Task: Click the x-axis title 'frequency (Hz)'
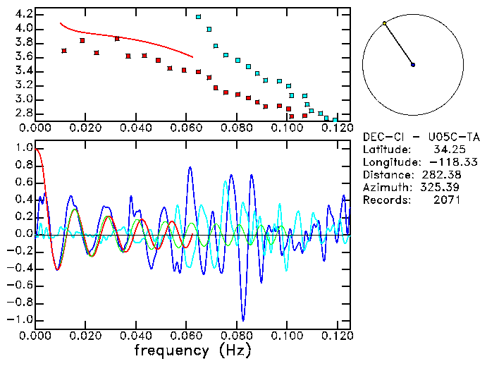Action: point(192,350)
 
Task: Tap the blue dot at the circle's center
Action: point(413,65)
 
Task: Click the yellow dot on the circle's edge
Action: point(384,23)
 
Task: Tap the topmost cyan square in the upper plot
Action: point(198,16)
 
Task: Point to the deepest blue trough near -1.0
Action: point(243,319)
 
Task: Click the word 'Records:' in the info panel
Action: point(388,200)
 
